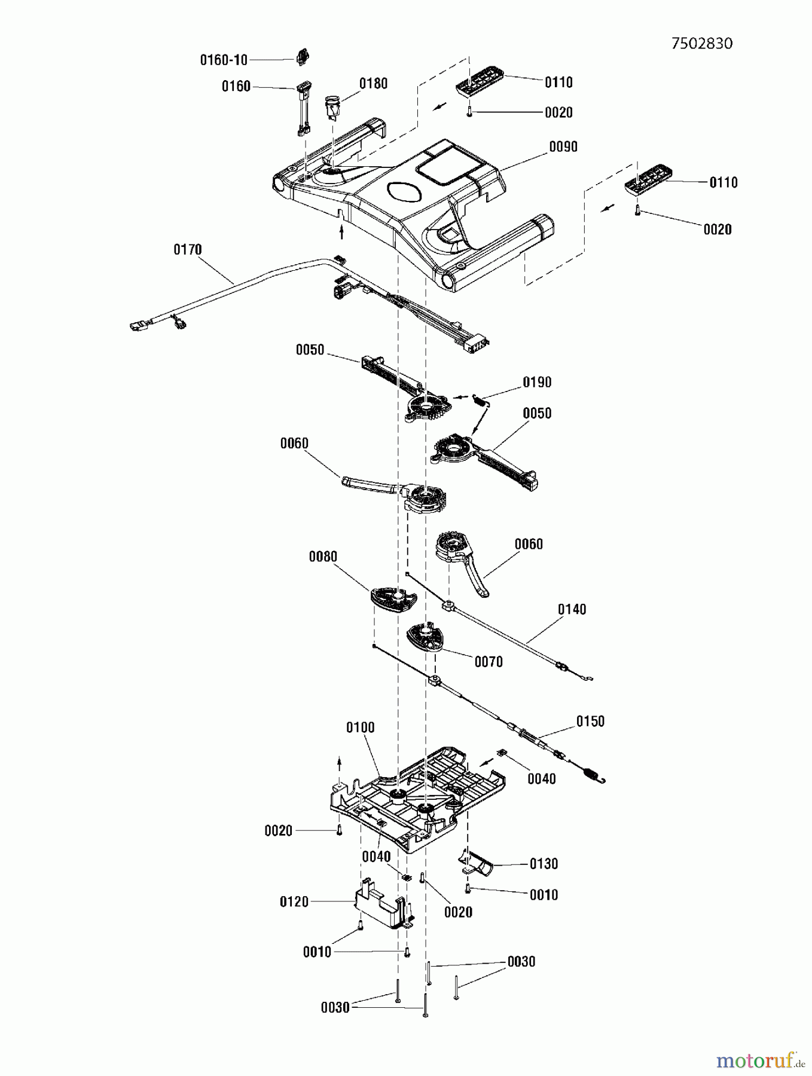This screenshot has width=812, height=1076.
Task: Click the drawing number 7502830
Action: click(701, 44)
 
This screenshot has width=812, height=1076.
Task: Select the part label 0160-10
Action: click(223, 60)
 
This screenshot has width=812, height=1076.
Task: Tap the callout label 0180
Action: click(373, 84)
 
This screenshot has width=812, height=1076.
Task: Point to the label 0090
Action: click(563, 147)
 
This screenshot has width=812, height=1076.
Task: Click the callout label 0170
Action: click(188, 250)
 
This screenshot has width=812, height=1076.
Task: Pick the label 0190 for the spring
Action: click(537, 383)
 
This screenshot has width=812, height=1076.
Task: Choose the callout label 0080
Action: click(323, 557)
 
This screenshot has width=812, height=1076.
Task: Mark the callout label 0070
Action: click(489, 662)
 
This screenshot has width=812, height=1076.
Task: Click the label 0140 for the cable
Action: click(572, 610)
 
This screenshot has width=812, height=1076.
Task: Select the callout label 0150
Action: click(590, 722)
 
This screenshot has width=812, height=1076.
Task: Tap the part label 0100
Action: click(361, 728)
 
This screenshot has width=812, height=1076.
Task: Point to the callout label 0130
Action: click(544, 864)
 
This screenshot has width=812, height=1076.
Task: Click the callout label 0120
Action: click(294, 901)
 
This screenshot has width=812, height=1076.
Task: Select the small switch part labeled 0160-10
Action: click(303, 58)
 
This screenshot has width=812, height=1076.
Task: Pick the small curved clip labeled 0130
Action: click(477, 863)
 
